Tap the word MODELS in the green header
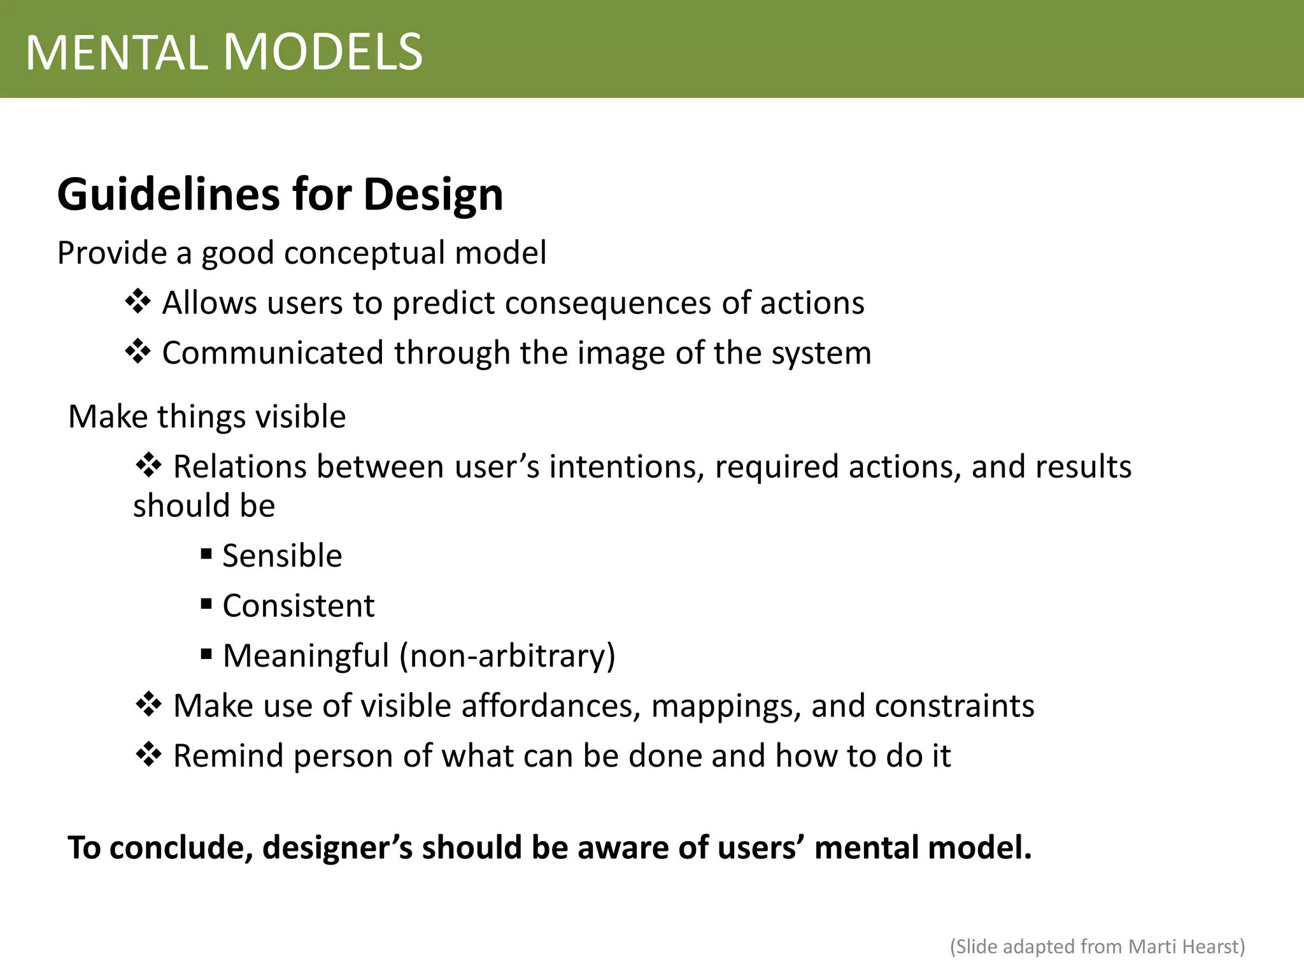point(323,52)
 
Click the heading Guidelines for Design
point(280,194)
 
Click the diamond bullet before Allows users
point(138,301)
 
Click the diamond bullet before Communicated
point(138,351)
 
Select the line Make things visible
point(207,417)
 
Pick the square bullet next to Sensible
point(206,553)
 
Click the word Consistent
point(298,606)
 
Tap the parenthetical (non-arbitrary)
point(507,656)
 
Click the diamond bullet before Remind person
point(148,755)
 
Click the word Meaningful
point(306,656)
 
